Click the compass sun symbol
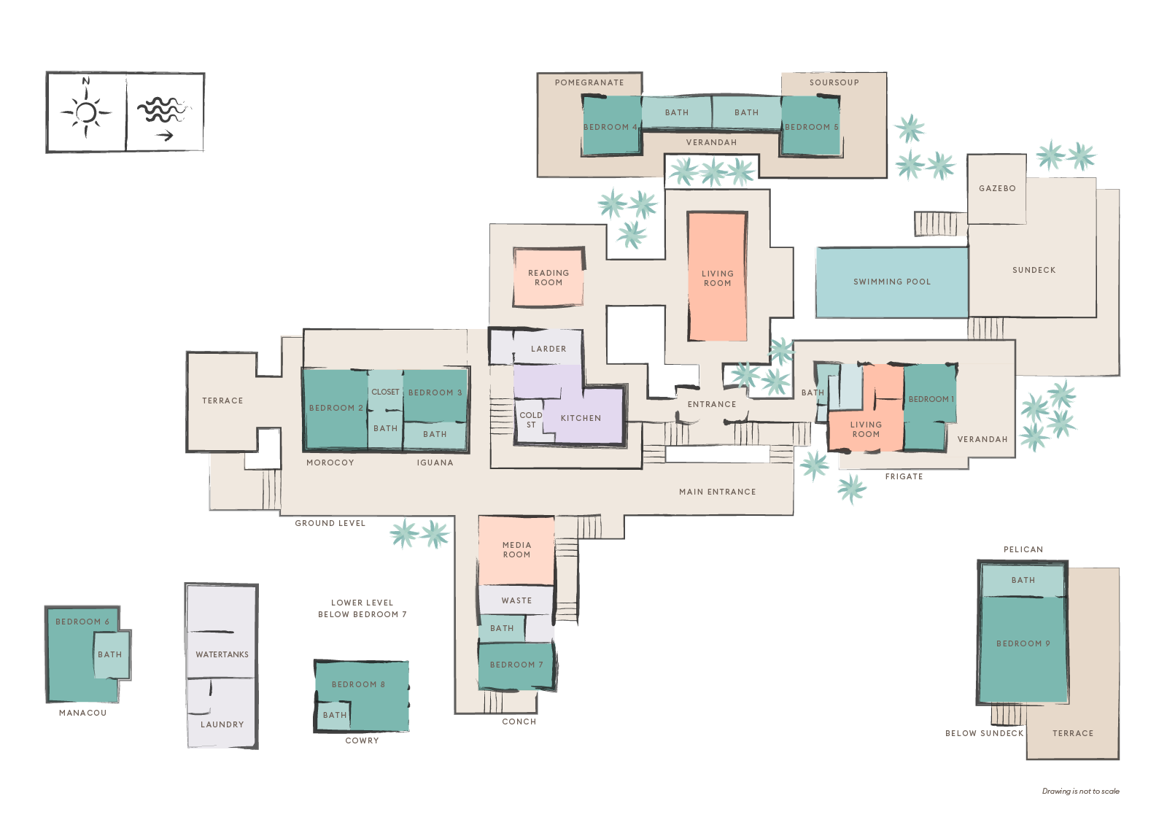(86, 112)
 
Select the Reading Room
(548, 277)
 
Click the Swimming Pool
(892, 282)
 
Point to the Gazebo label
(997, 189)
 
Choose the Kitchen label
(581, 418)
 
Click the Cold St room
(530, 421)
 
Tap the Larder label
(548, 349)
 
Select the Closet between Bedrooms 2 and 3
(385, 391)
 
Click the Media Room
(516, 550)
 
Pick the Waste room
(516, 600)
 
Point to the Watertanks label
(222, 654)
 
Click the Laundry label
(222, 724)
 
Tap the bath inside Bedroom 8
(334, 715)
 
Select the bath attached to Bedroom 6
(111, 655)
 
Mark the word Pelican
(1023, 549)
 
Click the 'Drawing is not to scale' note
(1080, 792)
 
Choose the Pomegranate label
(589, 83)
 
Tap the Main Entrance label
(718, 492)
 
